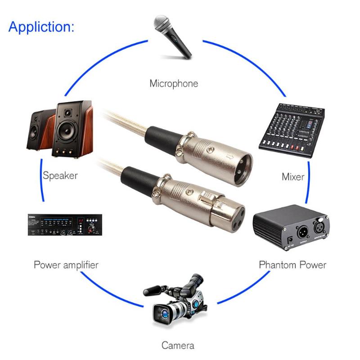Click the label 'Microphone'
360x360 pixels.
click(x=174, y=84)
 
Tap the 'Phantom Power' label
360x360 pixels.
click(x=292, y=264)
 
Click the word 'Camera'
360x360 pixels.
click(x=179, y=346)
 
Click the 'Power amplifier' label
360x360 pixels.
click(x=66, y=264)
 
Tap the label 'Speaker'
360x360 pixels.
click(x=60, y=175)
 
